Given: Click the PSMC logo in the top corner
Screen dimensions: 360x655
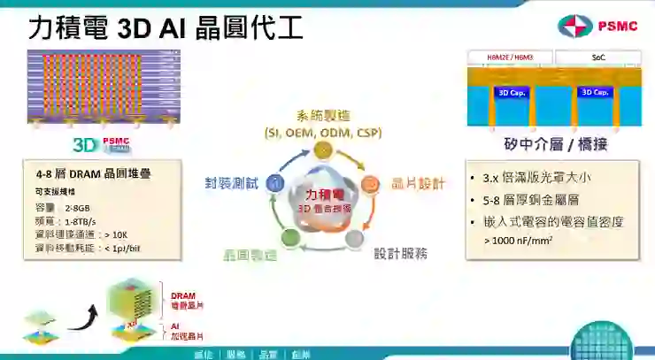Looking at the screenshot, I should pos(597,26).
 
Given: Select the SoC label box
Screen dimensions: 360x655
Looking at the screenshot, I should pos(598,58).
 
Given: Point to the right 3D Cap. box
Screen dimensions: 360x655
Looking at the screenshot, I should pos(594,92).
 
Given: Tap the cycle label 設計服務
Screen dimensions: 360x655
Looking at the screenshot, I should pos(399,253).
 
